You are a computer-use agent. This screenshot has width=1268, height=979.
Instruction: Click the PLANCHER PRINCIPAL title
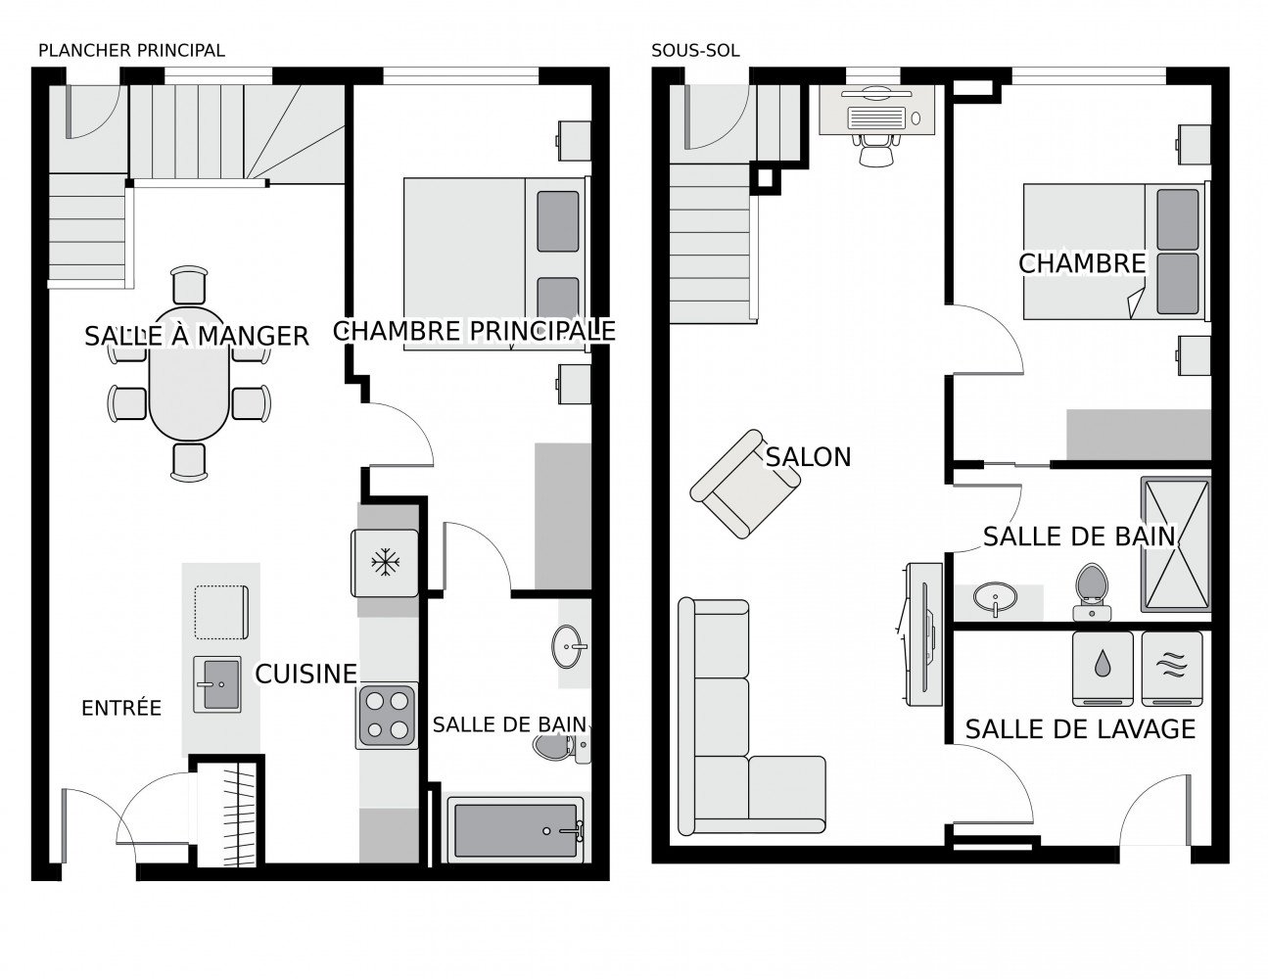pyautogui.click(x=130, y=50)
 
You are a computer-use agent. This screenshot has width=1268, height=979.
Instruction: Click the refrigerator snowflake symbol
pyautogui.click(x=385, y=562)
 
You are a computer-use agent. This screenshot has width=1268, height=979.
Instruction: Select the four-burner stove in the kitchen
pyautogui.click(x=387, y=716)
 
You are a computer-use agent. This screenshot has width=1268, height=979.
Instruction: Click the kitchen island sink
pyautogui.click(x=216, y=683)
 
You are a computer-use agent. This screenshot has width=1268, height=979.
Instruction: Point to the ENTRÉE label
pyautogui.click(x=120, y=707)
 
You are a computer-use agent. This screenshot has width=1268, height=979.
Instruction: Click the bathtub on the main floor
pyautogui.click(x=515, y=830)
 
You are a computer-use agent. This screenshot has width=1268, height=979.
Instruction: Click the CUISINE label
pyautogui.click(x=305, y=674)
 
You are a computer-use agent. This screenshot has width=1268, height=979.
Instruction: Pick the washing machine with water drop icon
pyautogui.click(x=1103, y=669)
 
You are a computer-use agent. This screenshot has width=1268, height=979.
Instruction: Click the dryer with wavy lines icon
pyautogui.click(x=1171, y=669)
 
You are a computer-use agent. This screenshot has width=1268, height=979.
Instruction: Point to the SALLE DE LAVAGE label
pyautogui.click(x=1080, y=728)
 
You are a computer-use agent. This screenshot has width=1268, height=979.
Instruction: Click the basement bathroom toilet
pyautogui.click(x=1092, y=591)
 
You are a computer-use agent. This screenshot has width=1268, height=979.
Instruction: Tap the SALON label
pyautogui.click(x=808, y=456)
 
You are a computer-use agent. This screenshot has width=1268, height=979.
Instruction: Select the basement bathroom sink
pyautogui.click(x=996, y=597)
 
